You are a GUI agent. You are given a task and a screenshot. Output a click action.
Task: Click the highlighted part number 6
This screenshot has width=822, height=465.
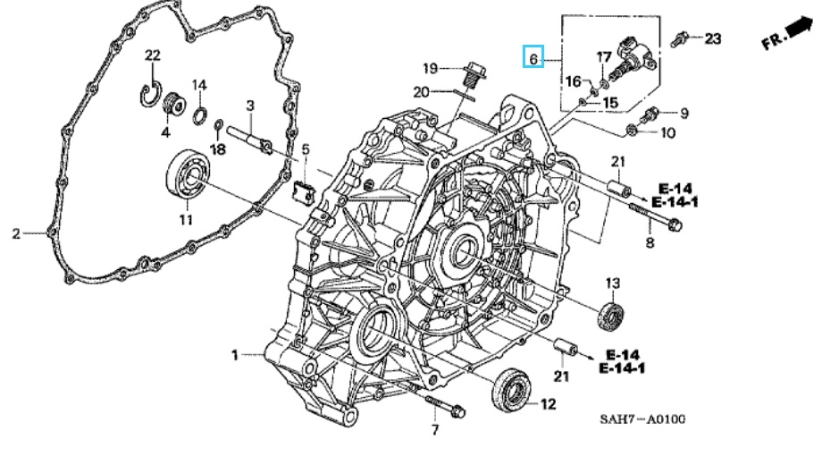[533, 59]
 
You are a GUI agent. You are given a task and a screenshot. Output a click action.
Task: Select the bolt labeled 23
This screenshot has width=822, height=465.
[680, 38]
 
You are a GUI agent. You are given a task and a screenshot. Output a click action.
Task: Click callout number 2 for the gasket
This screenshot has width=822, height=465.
[16, 234]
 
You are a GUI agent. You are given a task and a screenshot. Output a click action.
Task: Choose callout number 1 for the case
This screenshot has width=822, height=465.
[235, 355]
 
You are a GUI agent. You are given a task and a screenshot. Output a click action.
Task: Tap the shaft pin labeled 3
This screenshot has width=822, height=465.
[254, 139]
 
